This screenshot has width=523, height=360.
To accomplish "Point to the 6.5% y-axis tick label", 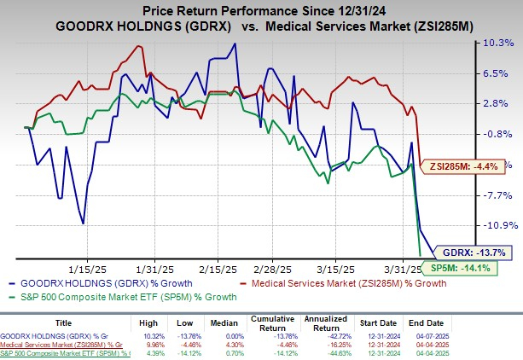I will (496, 73).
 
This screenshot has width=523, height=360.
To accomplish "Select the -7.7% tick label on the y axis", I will (496, 195).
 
